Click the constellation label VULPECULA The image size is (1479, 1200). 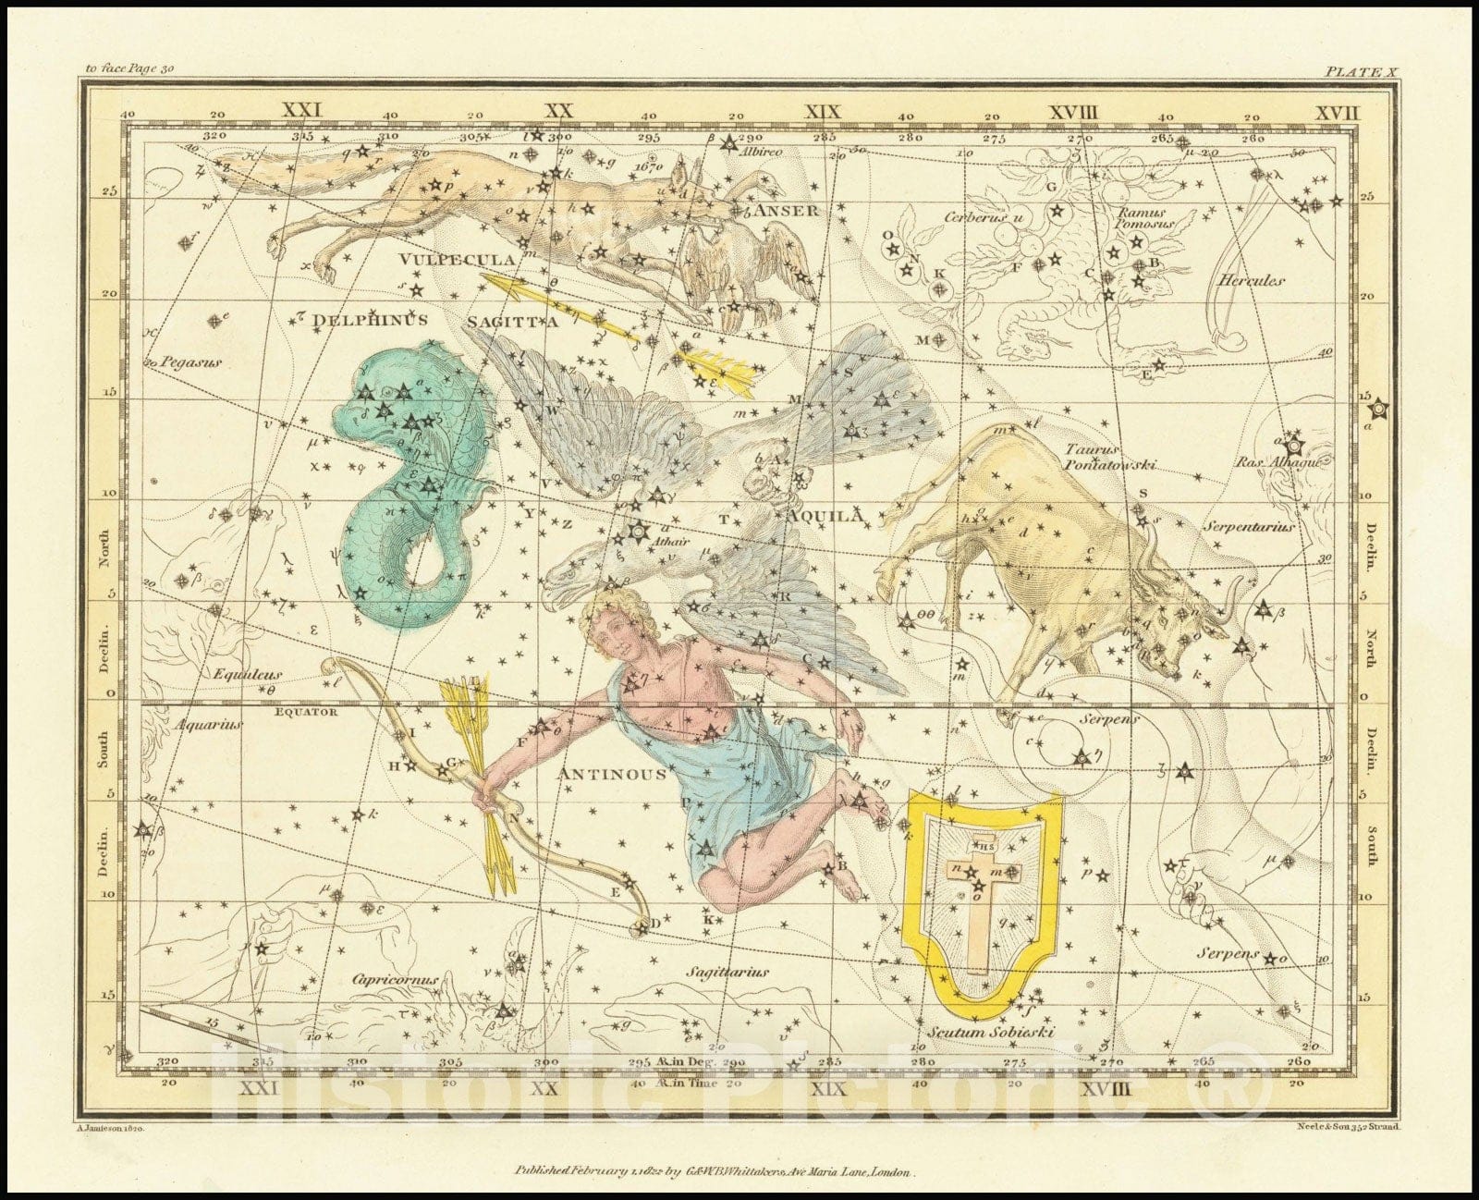click(x=449, y=260)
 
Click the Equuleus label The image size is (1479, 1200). click(x=248, y=675)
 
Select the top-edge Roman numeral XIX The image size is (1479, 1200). click(x=823, y=112)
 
